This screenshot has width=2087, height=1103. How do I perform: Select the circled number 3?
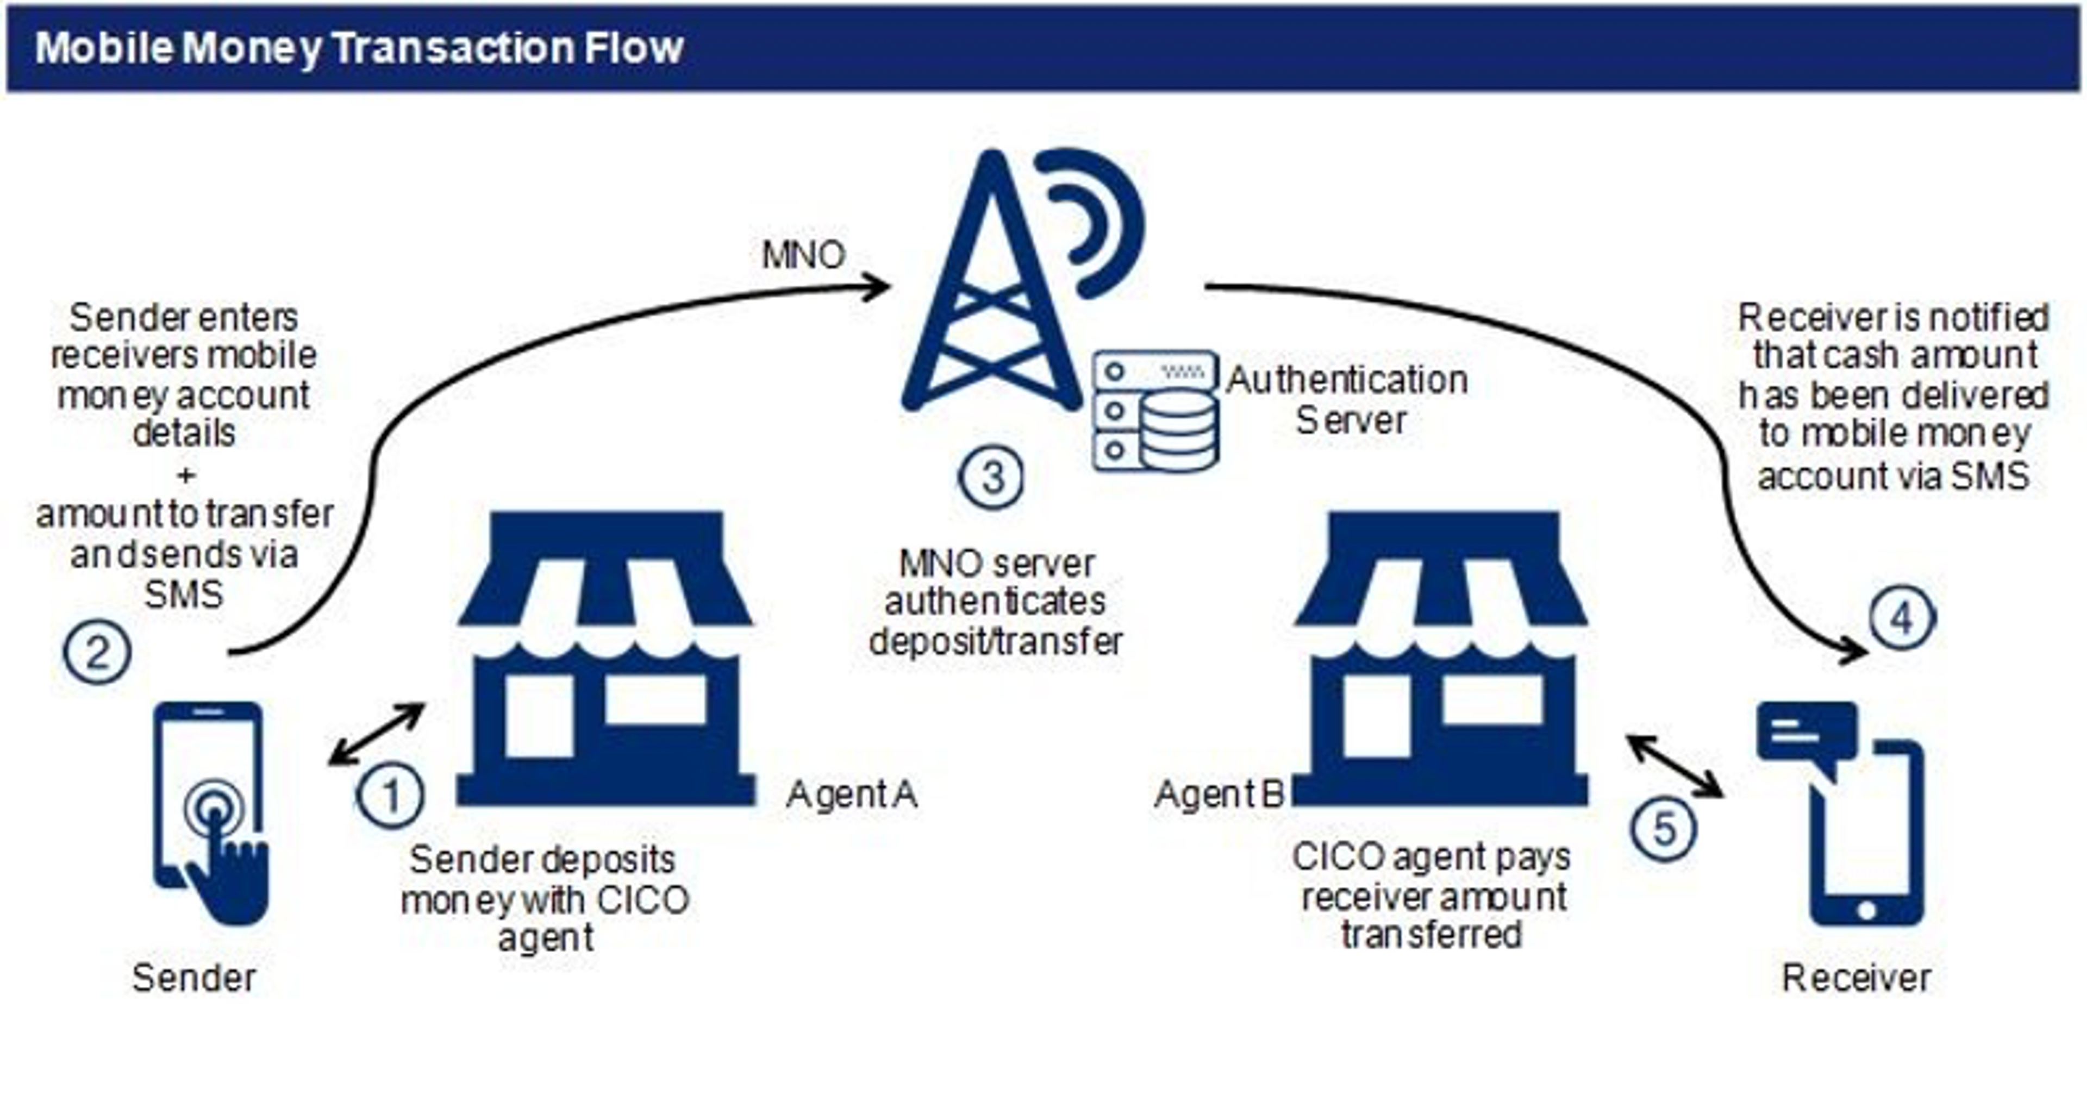991,478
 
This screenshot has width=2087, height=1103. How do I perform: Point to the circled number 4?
1902,619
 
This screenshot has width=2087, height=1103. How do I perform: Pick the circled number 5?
1663,828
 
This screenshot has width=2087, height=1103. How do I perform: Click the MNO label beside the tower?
803,255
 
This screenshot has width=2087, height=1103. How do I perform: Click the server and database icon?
1154,411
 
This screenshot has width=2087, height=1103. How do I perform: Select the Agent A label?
852,795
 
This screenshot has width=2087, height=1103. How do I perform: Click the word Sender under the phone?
193,978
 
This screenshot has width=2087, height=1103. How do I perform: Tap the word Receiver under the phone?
1856,978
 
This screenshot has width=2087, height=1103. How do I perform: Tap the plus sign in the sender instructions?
185,475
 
